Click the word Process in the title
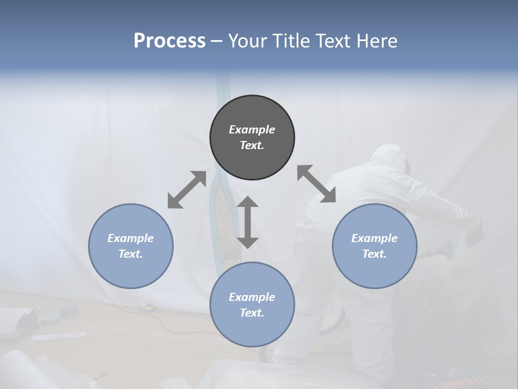[x=169, y=41]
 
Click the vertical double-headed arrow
[x=248, y=222]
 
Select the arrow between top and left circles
[x=187, y=190]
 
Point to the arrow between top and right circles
[x=316, y=184]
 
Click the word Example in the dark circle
[x=252, y=130]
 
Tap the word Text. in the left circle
[x=131, y=254]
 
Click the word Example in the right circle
[x=374, y=238]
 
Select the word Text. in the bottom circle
[x=252, y=313]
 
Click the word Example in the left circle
[x=131, y=238]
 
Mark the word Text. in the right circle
[x=374, y=254]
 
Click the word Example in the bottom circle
[x=252, y=297]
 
